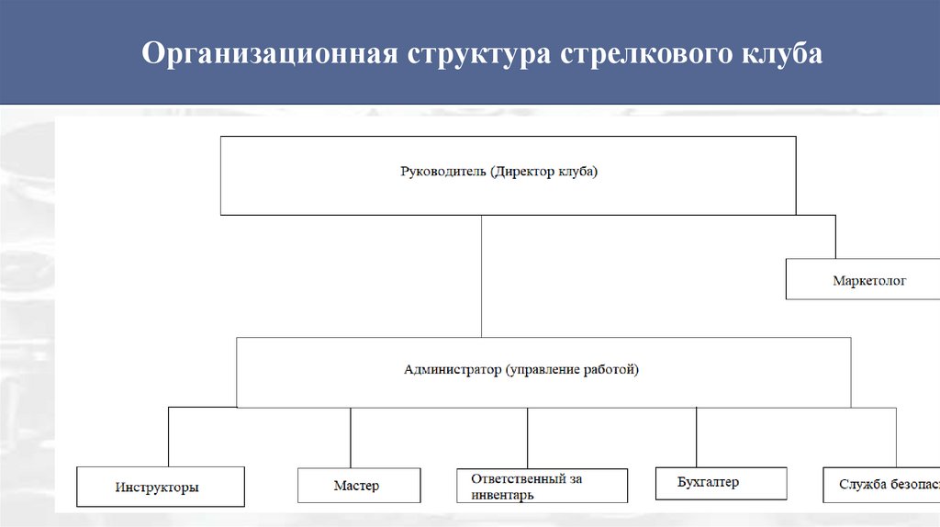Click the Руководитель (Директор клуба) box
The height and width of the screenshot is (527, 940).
[507, 175]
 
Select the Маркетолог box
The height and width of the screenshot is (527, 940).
[863, 279]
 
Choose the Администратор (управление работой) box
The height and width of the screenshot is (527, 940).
[543, 372]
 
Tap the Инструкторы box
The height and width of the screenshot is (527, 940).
[160, 487]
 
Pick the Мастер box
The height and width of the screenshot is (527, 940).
[359, 485]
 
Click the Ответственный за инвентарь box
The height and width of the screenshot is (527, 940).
[542, 486]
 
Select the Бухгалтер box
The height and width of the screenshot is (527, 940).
[721, 483]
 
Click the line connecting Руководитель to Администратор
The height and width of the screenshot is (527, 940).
[481, 275]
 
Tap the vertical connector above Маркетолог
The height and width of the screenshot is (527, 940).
[835, 237]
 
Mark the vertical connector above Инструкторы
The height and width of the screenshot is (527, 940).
[168, 437]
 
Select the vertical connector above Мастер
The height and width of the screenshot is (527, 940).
[351, 438]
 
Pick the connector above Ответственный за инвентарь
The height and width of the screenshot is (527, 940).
[528, 438]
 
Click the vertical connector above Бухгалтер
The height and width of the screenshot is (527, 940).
[697, 437]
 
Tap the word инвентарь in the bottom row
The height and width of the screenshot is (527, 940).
[502, 494]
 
